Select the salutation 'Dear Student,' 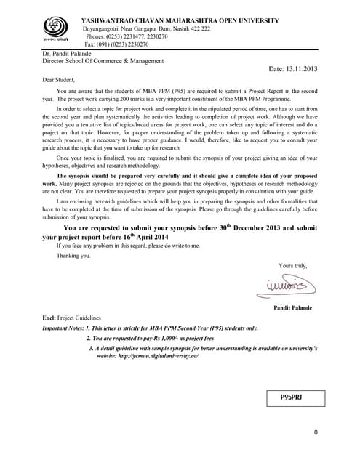[x=59, y=79]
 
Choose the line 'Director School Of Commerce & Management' [x=103, y=61]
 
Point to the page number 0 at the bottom [x=315, y=433]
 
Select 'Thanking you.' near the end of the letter [x=74, y=256]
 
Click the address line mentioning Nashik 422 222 [x=146, y=28]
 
